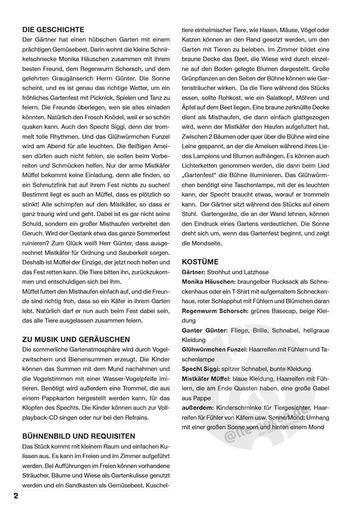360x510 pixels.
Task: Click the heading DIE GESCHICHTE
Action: (x=53, y=29)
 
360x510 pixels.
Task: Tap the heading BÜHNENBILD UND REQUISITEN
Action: (x=78, y=436)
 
